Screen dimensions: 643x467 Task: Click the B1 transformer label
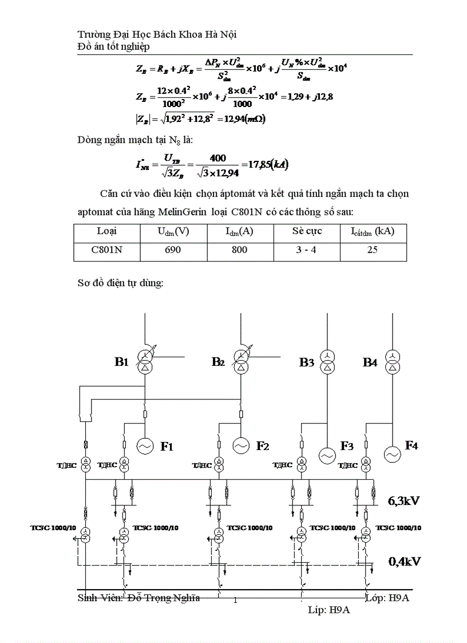(121, 362)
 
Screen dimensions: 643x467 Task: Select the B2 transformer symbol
(242, 362)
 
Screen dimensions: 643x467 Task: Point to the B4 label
(370, 362)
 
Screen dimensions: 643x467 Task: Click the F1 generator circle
(145, 445)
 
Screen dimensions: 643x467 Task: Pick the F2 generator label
(263, 446)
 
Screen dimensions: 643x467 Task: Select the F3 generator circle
(327, 455)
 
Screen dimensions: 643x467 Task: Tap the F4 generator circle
(392, 454)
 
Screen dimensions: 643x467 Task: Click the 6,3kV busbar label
(404, 501)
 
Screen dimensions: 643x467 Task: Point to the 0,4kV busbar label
(405, 561)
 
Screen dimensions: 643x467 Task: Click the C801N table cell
(106, 250)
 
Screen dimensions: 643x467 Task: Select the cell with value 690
(173, 250)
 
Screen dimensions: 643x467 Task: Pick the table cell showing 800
(240, 250)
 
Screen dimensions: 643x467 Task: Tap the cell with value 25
(372, 250)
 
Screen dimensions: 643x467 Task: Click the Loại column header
(106, 231)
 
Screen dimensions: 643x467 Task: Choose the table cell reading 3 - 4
(306, 250)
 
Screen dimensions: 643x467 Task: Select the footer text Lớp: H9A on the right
(387, 598)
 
